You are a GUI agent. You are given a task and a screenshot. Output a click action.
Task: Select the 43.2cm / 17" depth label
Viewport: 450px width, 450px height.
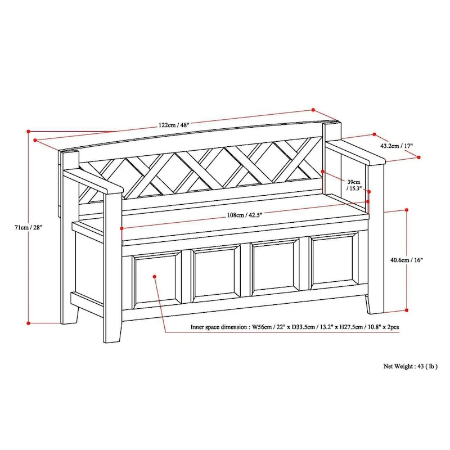(x=397, y=146)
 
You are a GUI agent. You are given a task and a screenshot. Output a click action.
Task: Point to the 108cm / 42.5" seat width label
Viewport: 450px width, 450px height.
(x=245, y=214)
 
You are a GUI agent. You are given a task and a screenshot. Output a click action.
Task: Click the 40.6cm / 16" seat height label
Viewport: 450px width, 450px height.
(x=407, y=260)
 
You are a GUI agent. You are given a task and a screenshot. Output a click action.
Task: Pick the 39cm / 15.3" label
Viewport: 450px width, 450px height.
(x=353, y=185)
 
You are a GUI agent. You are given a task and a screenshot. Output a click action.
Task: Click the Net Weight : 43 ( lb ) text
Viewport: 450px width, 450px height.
(x=411, y=366)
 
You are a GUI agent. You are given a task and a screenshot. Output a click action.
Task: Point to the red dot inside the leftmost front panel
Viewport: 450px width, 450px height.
(x=155, y=277)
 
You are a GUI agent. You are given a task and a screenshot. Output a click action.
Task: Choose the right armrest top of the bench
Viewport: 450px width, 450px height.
(x=355, y=152)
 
